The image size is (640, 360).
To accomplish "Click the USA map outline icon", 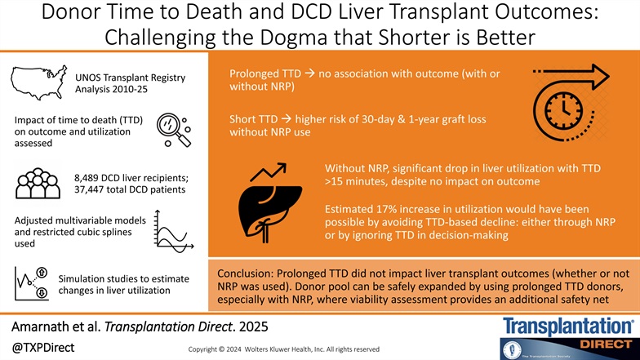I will [38, 80].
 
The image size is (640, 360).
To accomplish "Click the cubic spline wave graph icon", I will [172, 231].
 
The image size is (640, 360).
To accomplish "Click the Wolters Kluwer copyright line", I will [282, 349].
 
